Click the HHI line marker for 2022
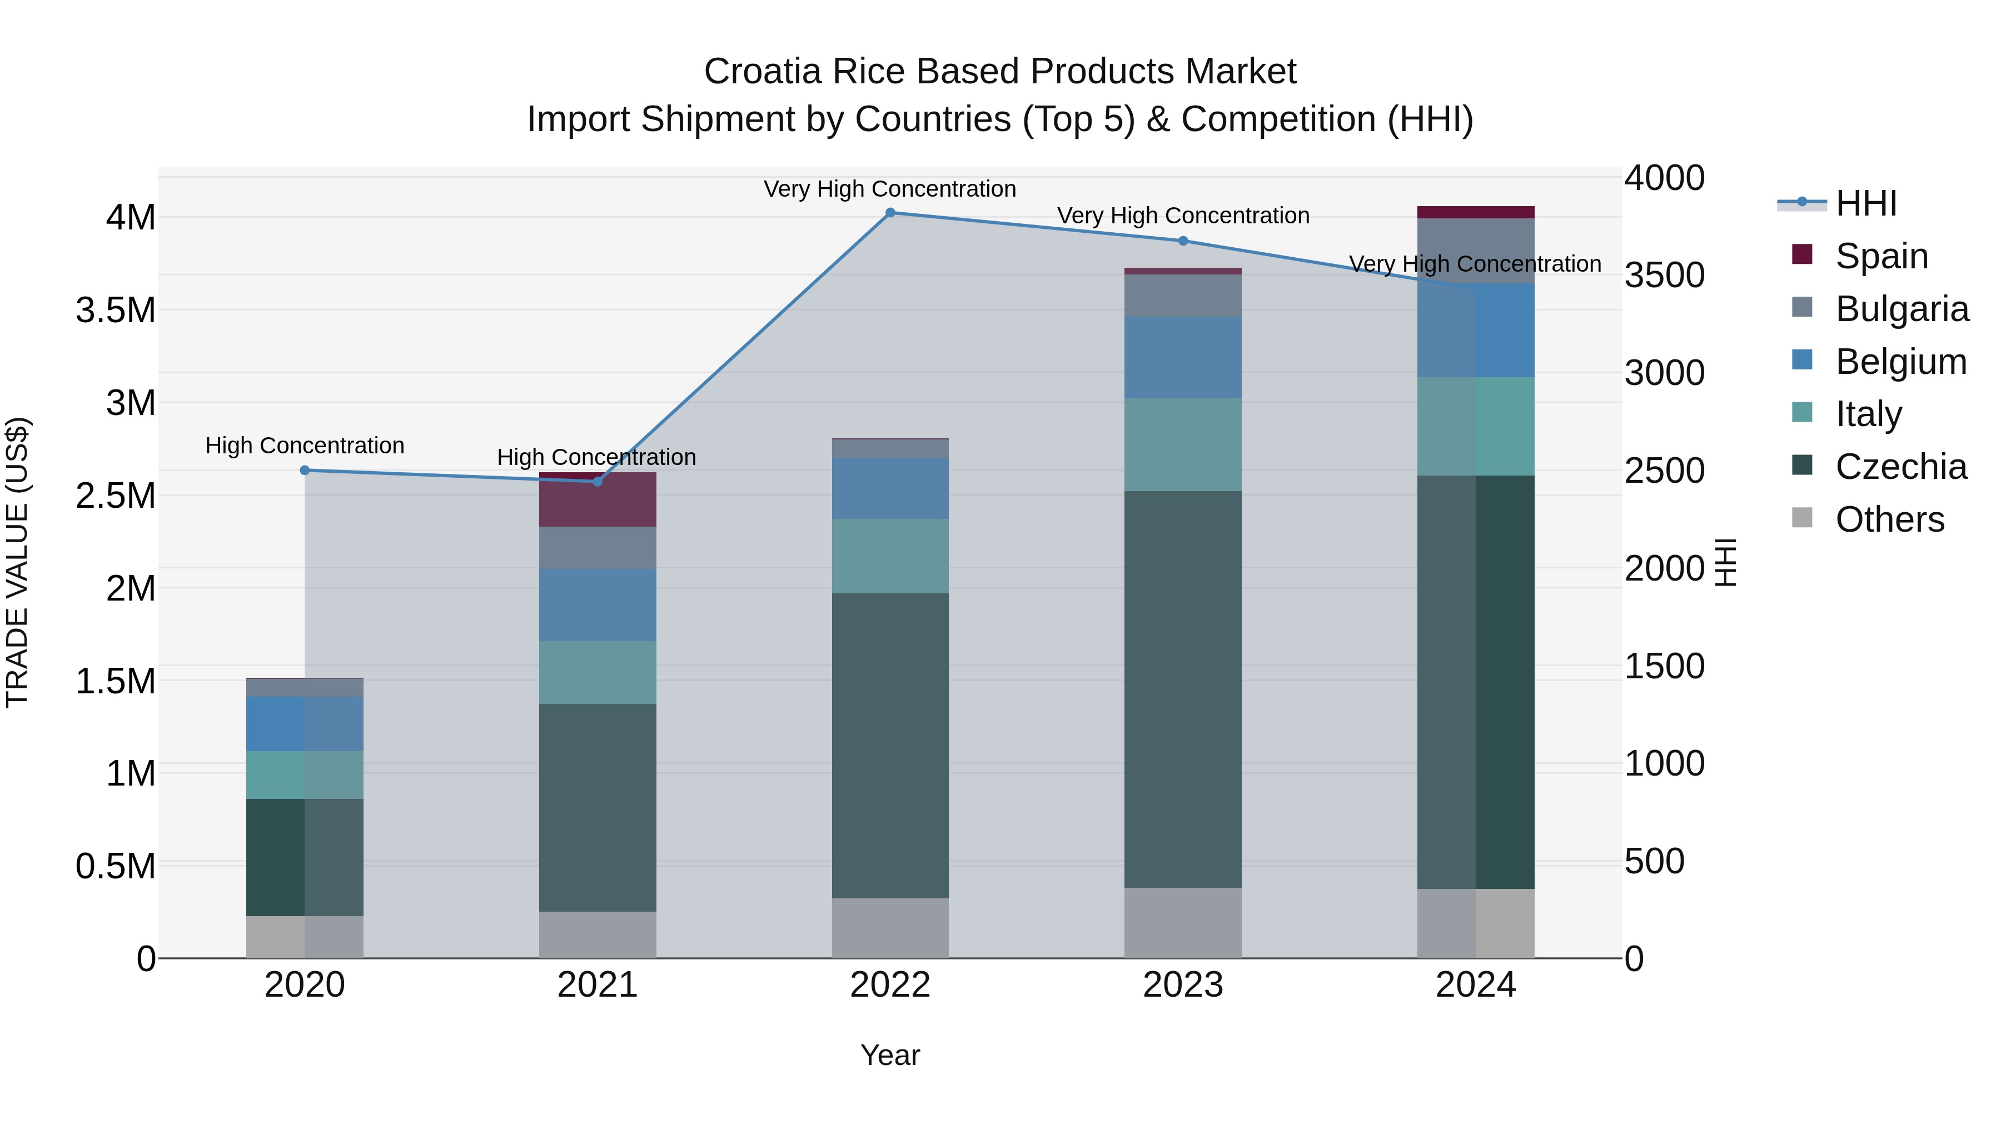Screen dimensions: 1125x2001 (890, 213)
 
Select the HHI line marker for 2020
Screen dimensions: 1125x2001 (305, 471)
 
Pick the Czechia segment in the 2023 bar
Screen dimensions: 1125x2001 (1183, 689)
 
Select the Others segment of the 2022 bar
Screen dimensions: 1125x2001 (890, 928)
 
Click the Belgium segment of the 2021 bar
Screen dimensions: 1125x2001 (598, 605)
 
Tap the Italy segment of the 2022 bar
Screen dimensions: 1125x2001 (890, 556)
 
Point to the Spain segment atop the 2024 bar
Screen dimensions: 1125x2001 (1475, 212)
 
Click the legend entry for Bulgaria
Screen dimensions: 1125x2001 (1902, 309)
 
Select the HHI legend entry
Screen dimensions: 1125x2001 (1866, 203)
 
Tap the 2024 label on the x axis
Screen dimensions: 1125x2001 (1475, 985)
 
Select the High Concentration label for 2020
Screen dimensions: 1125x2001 (305, 446)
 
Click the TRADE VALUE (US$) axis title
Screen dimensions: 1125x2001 (17, 562)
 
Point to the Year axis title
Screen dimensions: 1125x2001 (890, 1055)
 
